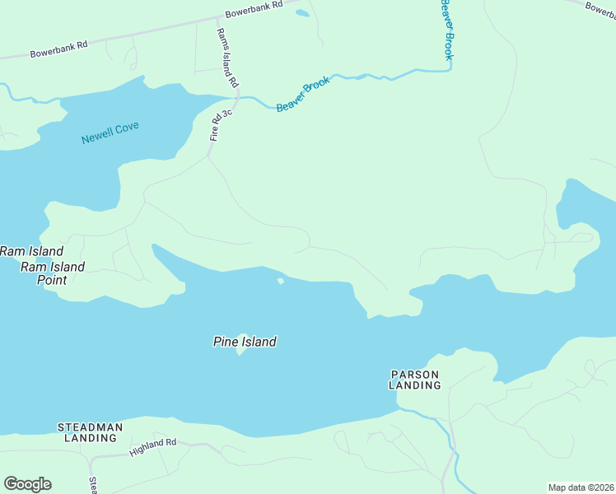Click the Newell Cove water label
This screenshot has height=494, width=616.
(x=110, y=133)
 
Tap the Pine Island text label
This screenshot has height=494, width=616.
(x=245, y=342)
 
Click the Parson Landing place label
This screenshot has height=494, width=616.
(x=414, y=380)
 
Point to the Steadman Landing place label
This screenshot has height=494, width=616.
(x=91, y=432)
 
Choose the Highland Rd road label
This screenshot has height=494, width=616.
(x=153, y=447)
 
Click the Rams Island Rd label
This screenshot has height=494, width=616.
(x=226, y=58)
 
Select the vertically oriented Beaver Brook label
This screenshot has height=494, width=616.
(x=446, y=30)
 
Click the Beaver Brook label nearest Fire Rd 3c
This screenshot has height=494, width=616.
(x=303, y=94)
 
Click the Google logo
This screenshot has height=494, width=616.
(x=27, y=484)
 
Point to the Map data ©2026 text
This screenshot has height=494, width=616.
(x=581, y=487)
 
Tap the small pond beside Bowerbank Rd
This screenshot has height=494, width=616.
(x=302, y=13)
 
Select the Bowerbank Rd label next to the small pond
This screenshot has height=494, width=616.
(x=254, y=9)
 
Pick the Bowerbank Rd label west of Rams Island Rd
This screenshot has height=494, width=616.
(x=58, y=49)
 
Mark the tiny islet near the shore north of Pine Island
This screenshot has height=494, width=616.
(x=281, y=282)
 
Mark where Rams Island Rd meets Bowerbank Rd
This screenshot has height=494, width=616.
(x=217, y=22)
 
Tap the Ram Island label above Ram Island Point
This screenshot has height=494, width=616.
(x=31, y=251)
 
